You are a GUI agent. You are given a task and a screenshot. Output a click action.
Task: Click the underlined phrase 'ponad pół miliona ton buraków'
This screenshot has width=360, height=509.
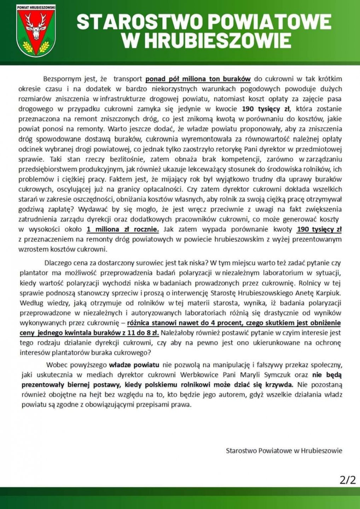(198, 79)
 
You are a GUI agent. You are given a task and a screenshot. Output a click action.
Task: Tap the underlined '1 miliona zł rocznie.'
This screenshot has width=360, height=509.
(122, 229)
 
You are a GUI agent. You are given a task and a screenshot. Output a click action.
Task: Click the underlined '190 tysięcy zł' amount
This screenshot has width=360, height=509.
(319, 229)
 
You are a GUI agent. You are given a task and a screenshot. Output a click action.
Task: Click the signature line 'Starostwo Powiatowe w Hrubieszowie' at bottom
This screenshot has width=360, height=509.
(284, 451)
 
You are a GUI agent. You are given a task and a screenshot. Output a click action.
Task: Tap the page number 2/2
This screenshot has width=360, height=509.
(347, 480)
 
